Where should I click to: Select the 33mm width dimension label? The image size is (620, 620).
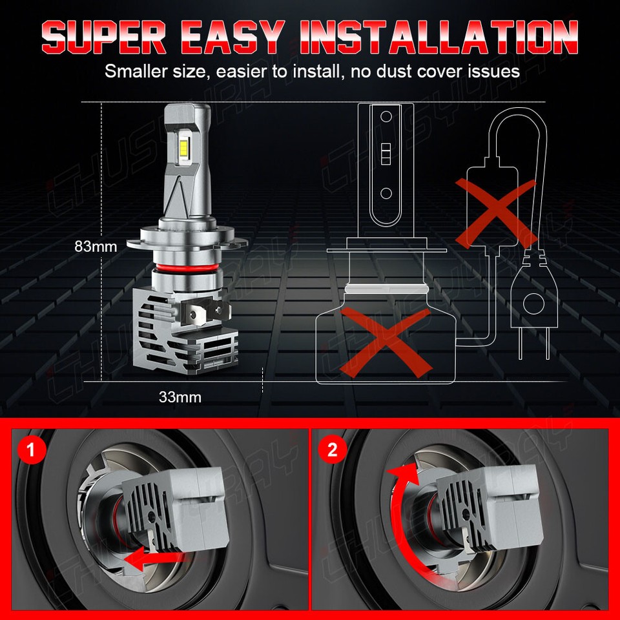click(x=180, y=397)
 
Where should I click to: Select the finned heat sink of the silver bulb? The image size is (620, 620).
click(x=184, y=329)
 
